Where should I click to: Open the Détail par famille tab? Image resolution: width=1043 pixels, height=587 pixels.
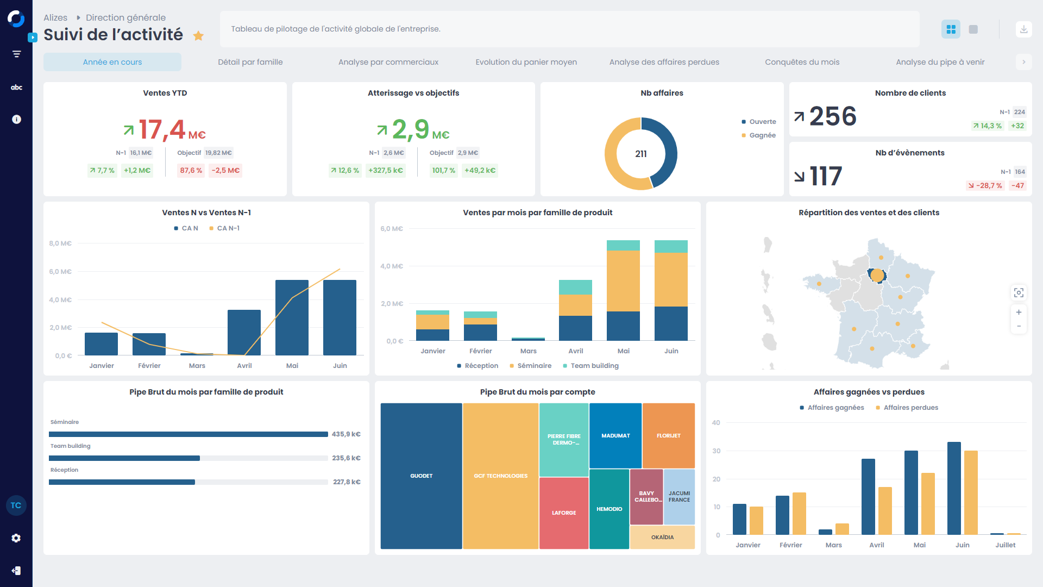[x=250, y=62]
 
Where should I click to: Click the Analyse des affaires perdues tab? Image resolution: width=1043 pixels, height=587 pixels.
[x=664, y=62]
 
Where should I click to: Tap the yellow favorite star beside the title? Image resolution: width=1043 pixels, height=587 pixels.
[x=198, y=36]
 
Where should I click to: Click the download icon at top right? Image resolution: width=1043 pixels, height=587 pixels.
[x=1023, y=29]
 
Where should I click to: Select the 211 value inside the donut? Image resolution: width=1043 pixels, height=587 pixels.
[x=641, y=154]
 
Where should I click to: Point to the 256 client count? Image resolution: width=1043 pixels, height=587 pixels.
[x=833, y=116]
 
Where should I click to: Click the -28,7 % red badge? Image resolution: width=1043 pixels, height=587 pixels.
[x=985, y=186]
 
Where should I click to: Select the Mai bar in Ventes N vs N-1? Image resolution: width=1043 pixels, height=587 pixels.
[x=292, y=318]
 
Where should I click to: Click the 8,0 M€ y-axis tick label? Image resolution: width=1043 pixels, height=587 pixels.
[x=60, y=243]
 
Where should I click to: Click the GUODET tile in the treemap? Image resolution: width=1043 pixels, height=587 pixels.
[x=421, y=476]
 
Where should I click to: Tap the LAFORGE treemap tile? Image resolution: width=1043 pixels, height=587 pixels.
[x=564, y=513]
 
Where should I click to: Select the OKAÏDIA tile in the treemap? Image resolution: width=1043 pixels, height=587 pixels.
[x=662, y=538]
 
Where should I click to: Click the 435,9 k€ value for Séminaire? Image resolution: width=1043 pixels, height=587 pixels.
[x=346, y=434]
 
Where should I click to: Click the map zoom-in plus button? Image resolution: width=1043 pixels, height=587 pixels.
[x=1019, y=313]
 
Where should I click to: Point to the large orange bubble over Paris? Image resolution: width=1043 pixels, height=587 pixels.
[x=877, y=276]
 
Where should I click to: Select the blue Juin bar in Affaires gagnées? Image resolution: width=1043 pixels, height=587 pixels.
[x=954, y=488]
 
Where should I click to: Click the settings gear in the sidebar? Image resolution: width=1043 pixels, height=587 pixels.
[x=16, y=538]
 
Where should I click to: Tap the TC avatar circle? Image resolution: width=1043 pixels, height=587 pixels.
[x=16, y=505]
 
